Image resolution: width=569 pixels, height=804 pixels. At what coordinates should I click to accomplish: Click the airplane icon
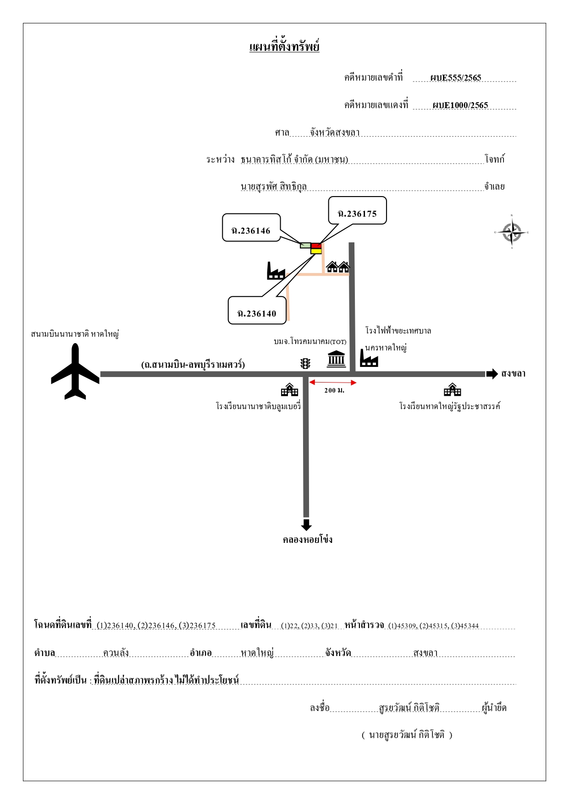tap(75, 372)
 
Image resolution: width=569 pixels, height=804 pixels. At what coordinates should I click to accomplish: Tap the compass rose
tap(512, 232)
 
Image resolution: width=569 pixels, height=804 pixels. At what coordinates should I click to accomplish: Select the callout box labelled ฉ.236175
tap(358, 211)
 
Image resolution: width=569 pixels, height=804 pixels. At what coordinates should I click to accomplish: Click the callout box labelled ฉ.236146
tap(251, 227)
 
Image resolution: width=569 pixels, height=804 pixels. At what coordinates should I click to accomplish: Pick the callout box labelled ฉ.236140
tap(257, 310)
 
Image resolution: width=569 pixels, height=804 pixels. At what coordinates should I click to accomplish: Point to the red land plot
tap(316, 246)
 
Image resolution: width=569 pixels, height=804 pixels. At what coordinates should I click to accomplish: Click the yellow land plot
tap(316, 251)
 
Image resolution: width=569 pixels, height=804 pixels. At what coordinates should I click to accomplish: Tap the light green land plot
tap(305, 246)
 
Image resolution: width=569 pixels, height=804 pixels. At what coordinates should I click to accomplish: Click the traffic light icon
tap(305, 363)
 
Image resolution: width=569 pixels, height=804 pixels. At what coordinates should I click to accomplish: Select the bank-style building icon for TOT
tap(336, 359)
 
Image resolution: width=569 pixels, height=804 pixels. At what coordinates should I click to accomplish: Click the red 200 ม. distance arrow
tap(333, 383)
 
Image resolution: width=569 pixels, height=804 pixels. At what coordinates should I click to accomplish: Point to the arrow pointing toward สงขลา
tap(492, 374)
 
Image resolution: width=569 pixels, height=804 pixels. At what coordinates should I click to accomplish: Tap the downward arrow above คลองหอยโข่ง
tap(306, 525)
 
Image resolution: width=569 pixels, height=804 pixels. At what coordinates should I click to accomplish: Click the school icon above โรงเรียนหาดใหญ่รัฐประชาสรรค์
tap(452, 389)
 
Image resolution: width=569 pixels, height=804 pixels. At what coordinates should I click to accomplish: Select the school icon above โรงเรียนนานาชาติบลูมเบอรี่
tap(289, 389)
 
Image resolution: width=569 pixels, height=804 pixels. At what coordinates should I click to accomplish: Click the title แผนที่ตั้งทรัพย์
tap(284, 47)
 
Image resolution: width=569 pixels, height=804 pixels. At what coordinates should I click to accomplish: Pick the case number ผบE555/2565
tap(456, 77)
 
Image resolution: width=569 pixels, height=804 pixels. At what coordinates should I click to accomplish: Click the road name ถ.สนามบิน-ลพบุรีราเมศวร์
tap(193, 364)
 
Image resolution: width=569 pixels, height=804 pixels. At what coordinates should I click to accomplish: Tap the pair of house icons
tap(338, 267)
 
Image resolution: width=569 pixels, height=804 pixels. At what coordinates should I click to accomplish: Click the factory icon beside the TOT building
tap(369, 358)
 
